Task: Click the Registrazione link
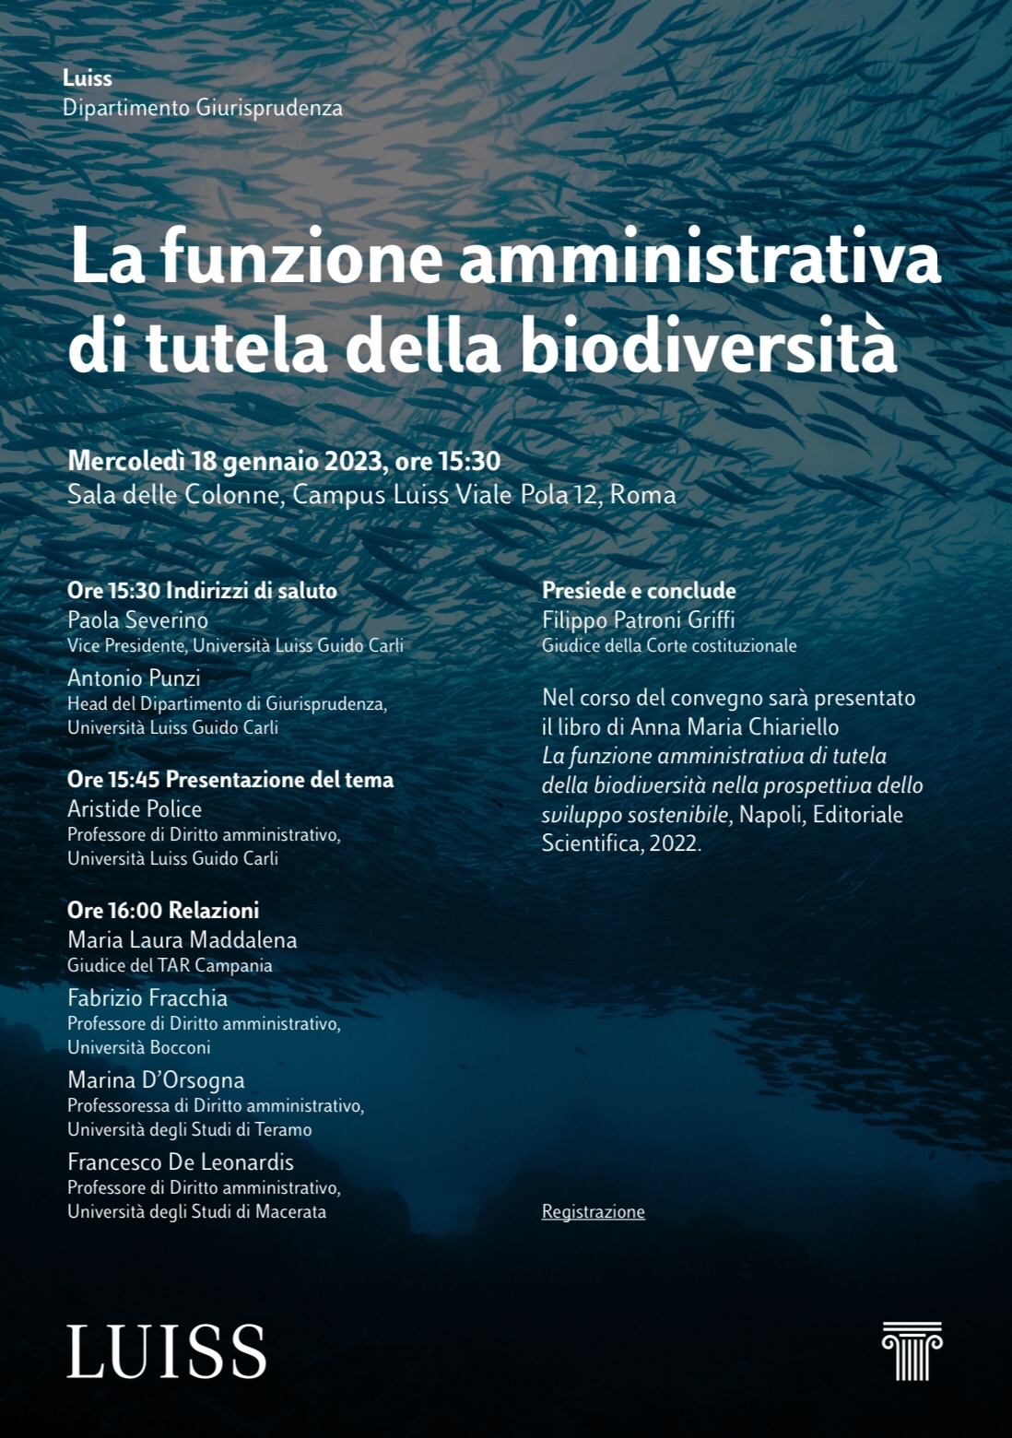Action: tap(593, 1211)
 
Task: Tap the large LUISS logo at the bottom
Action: tap(167, 1351)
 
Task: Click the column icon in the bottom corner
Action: tap(912, 1350)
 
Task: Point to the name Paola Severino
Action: tap(137, 619)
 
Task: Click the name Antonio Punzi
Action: tap(134, 678)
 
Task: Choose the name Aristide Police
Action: tap(135, 808)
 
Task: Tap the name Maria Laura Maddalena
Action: tap(182, 939)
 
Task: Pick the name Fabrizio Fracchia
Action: tap(147, 997)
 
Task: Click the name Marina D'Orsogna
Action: tap(156, 1079)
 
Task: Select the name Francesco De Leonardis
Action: tap(181, 1161)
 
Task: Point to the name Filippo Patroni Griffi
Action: tap(638, 619)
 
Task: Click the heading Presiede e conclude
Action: tap(639, 590)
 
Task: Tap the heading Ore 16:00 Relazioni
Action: tap(163, 910)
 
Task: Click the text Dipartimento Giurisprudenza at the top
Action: tap(203, 108)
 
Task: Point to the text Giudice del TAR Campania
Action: tap(170, 965)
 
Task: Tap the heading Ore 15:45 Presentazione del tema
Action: tap(230, 779)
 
